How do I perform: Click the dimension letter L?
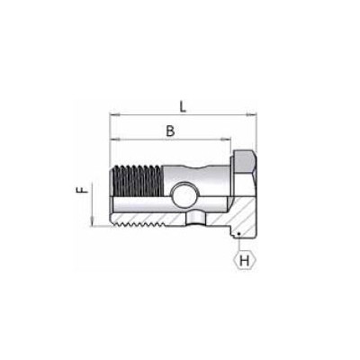click(183, 106)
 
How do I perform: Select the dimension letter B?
click(169, 130)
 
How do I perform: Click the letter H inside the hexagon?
click(243, 260)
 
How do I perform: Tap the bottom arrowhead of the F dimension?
click(94, 225)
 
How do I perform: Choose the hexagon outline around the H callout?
click(233, 260)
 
